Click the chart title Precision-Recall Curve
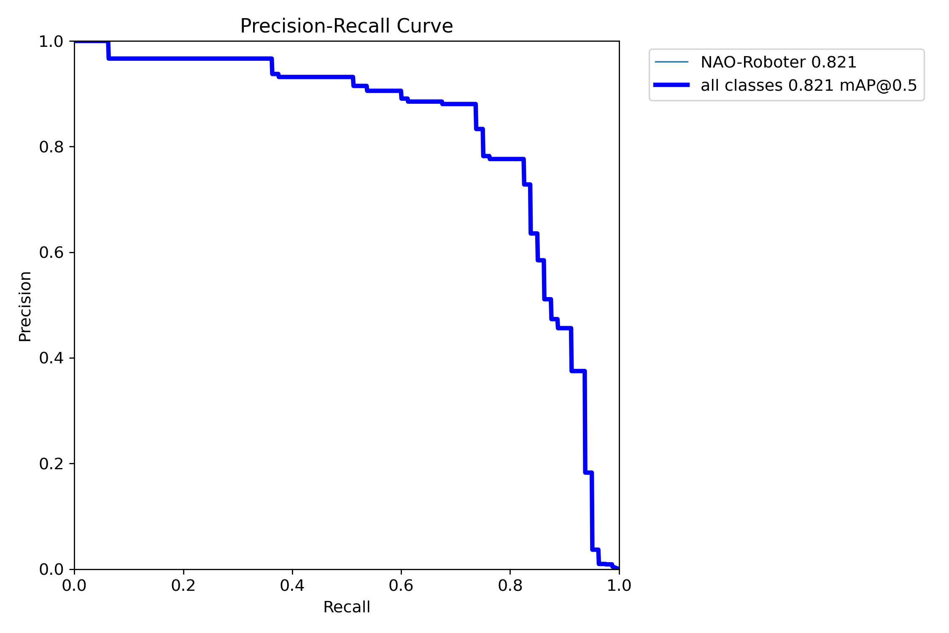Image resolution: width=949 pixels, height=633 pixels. coord(346,26)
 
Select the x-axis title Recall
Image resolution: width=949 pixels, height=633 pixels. coord(346,607)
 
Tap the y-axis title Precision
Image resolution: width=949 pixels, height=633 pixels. coord(25,306)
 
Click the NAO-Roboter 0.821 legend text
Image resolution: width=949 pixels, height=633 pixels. coord(778,62)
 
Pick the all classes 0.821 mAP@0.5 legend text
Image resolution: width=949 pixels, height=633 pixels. coord(809,86)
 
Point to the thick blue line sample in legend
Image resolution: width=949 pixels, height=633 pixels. coord(671,85)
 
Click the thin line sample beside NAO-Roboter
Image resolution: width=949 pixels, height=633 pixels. coord(671,62)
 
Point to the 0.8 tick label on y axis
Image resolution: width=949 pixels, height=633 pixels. coord(51,147)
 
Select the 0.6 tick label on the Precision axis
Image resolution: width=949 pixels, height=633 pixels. coord(51,252)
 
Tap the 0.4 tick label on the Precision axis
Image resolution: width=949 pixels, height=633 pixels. coord(51,358)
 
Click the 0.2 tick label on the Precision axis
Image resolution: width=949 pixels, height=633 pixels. coord(51,464)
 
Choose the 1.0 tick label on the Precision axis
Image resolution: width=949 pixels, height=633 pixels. coord(51,42)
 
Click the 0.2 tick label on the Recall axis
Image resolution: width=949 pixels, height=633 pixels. coord(183,586)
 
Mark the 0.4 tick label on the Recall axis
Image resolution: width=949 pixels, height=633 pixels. coord(292,586)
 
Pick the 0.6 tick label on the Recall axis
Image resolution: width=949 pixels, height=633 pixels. coord(401,586)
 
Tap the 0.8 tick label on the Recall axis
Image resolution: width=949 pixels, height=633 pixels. coord(510,586)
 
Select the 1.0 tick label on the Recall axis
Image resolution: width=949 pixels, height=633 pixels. coord(619,586)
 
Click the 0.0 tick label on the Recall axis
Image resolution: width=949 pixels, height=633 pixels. coord(74,586)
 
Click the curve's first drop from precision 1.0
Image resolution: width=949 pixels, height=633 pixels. coord(108,50)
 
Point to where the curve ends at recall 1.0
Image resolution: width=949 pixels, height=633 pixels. coord(617,568)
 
